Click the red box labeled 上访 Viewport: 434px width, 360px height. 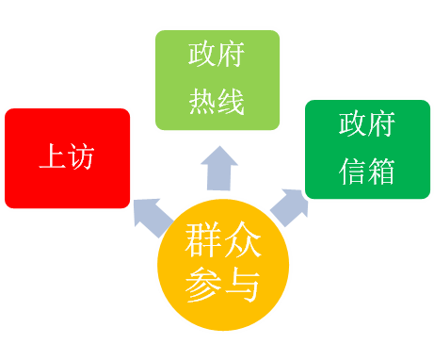pyautogui.click(x=67, y=157)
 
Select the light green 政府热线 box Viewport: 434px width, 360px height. pyautogui.click(x=217, y=79)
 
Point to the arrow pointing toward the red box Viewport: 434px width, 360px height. pyautogui.click(x=153, y=217)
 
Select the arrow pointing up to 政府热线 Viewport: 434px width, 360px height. pyautogui.click(x=219, y=169)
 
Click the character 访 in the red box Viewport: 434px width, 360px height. pyautogui.click(x=82, y=156)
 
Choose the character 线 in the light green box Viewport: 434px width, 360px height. pyautogui.click(x=233, y=103)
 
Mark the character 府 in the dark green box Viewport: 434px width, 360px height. pyautogui.click(x=382, y=124)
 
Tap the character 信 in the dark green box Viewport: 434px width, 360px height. pyautogui.click(x=353, y=172)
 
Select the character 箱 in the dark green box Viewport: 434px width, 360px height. pyautogui.click(x=382, y=172)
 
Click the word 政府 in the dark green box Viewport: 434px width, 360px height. pyautogui.click(x=368, y=124)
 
